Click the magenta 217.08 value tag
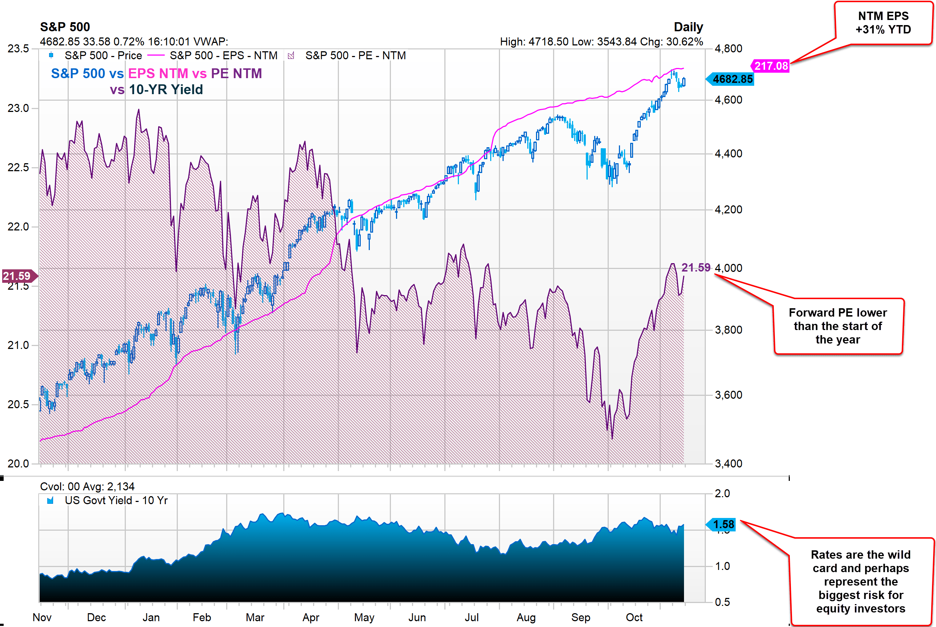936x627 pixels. pos(771,66)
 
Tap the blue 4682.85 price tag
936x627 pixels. pos(732,79)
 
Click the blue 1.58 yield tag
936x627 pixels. pos(723,524)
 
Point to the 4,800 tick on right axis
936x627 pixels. pos(728,49)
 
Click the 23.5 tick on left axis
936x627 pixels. pos(18,49)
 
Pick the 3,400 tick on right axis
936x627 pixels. pos(728,463)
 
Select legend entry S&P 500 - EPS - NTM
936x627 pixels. pos(223,56)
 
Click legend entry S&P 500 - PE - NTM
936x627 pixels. pos(355,56)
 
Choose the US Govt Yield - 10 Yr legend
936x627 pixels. pos(116,501)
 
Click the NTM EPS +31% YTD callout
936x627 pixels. pos(883,23)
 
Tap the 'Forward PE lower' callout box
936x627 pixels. pos(837,326)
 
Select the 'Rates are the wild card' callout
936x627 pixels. pos(860,582)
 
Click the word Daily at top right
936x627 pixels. pos(688,27)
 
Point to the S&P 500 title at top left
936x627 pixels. pos(65,27)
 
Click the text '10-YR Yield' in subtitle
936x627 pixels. pos(165,89)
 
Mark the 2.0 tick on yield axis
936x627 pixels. pos(722,494)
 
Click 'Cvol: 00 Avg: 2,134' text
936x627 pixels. pos(87,487)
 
